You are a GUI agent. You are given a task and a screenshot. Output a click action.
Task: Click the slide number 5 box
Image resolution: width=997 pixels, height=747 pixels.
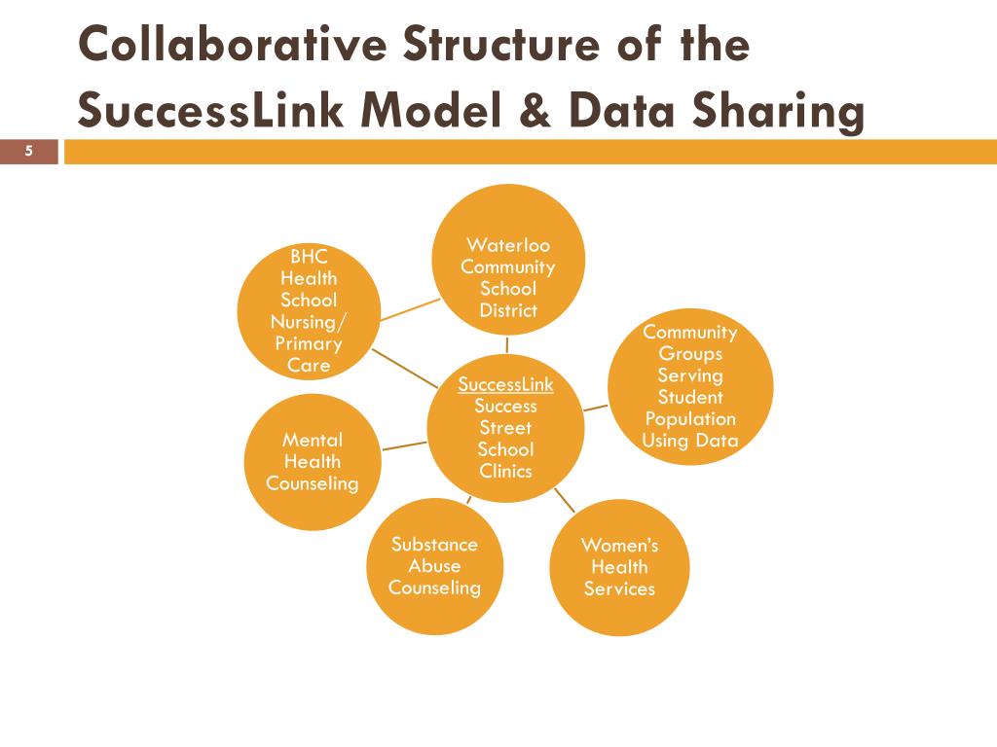coord(29,151)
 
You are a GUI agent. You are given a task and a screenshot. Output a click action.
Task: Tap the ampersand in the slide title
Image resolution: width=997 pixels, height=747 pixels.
coord(529,110)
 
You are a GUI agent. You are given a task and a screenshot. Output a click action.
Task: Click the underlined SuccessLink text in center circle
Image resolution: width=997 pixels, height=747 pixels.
coord(505,385)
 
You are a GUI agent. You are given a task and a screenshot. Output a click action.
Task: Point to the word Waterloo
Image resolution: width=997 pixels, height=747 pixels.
coord(508,245)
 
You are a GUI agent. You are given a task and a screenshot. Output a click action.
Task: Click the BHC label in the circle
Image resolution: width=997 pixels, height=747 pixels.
coord(309,257)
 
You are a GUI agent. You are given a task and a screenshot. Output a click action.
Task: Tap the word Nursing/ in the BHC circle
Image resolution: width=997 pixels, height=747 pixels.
coord(308,322)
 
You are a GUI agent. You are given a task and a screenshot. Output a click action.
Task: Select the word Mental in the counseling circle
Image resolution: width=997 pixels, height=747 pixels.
coord(312,441)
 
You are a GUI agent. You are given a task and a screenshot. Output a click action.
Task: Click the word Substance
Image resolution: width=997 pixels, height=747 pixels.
coord(434,544)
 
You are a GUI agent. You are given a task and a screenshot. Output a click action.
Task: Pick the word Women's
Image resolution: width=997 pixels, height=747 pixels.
coord(619,545)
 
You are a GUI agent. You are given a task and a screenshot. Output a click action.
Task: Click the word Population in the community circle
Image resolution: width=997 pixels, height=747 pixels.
coord(690,419)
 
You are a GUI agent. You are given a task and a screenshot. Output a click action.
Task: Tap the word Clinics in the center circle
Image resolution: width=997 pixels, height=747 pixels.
coord(505,471)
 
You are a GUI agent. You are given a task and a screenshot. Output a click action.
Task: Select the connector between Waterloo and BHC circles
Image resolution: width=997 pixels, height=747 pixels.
coord(410,308)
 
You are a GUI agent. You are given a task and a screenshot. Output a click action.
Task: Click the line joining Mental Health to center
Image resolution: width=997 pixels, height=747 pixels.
coord(404,445)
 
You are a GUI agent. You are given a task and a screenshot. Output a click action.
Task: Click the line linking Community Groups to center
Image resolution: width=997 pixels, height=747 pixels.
coord(596,408)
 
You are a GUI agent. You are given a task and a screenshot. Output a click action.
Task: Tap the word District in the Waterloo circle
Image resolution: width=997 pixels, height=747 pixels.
coord(508,310)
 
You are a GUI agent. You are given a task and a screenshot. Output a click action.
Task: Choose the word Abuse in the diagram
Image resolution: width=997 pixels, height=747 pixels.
coord(434,566)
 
